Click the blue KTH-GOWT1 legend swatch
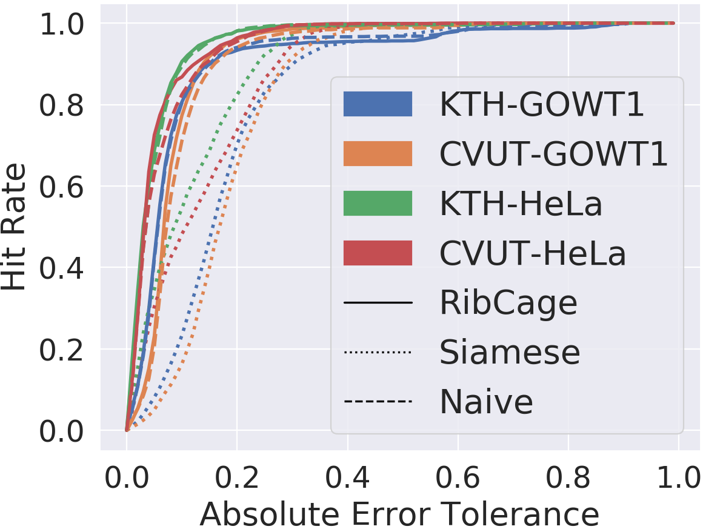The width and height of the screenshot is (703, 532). [x=378, y=104]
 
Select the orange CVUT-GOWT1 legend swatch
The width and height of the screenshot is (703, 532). [x=378, y=154]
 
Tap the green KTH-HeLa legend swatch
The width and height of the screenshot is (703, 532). [x=378, y=204]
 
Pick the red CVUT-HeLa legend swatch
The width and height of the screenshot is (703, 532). [x=378, y=253]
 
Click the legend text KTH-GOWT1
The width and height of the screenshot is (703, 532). [x=542, y=104]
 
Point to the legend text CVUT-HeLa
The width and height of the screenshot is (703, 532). [x=533, y=253]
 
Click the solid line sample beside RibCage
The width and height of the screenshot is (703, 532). [x=378, y=303]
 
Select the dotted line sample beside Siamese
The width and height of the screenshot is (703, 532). [x=378, y=352]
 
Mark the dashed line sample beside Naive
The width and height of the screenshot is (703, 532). [x=378, y=401]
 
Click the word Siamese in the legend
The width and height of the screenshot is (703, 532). [x=510, y=352]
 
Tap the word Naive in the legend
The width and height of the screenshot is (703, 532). [x=487, y=402]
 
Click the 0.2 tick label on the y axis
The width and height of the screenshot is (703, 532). [x=61, y=350]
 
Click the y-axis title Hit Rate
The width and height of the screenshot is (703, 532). [x=13, y=227]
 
